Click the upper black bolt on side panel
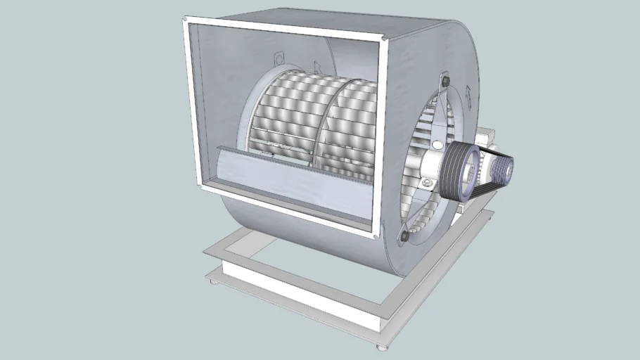445,83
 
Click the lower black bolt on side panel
405,237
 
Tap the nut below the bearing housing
425,184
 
